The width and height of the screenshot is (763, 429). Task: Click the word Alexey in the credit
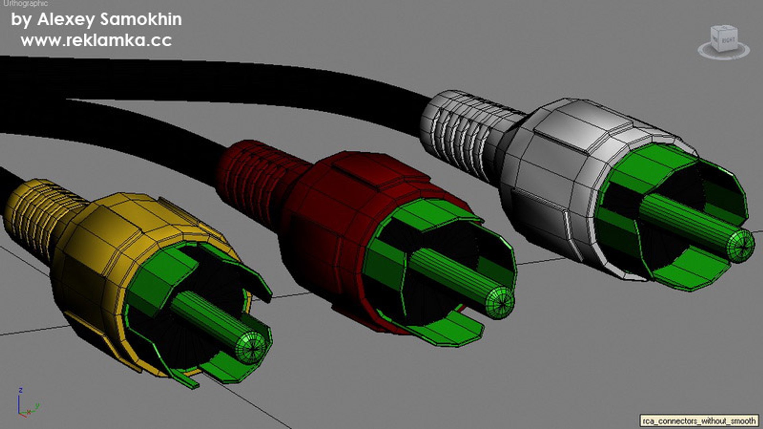coord(66,20)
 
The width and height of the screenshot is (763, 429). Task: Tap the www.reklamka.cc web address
coord(96,41)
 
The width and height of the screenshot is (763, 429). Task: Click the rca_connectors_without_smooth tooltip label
coord(699,421)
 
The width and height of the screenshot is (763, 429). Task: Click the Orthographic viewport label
coord(25,4)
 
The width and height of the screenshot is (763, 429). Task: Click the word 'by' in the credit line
coord(21,20)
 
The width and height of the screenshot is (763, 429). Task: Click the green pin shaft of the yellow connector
coord(207,318)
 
